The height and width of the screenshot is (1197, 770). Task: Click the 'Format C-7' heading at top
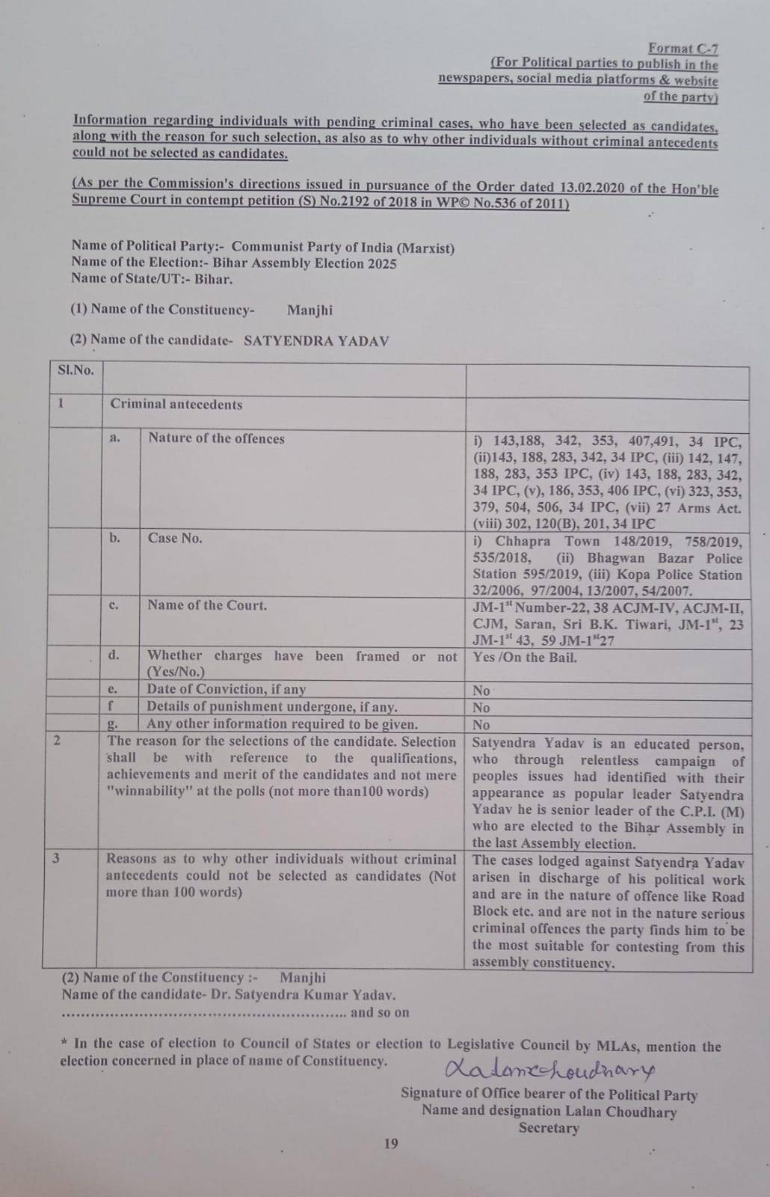pyautogui.click(x=683, y=49)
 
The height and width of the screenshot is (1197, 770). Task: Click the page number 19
pyautogui.click(x=390, y=1143)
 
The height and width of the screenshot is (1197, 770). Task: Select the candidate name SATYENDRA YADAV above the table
pyautogui.click(x=316, y=340)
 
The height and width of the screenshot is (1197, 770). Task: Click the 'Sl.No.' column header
pyautogui.click(x=76, y=370)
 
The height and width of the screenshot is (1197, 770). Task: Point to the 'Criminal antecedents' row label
pyautogui.click(x=176, y=405)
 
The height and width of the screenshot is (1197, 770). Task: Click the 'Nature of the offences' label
pyautogui.click(x=216, y=438)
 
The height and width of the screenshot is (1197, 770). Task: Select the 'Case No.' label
pyautogui.click(x=175, y=538)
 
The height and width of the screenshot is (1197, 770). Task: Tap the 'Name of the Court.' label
pyautogui.click(x=207, y=605)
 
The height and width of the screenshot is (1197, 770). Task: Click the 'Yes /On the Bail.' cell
pyautogui.click(x=525, y=658)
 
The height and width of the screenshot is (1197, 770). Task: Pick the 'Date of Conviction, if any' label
pyautogui.click(x=227, y=689)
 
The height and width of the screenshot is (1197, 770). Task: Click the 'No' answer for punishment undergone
pyautogui.click(x=481, y=708)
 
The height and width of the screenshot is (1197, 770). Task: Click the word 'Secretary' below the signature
pyautogui.click(x=549, y=1128)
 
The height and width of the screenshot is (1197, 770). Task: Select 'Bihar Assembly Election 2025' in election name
pyautogui.click(x=304, y=263)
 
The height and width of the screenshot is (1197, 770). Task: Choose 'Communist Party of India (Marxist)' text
pyautogui.click(x=342, y=248)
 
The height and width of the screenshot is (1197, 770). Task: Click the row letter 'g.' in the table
pyautogui.click(x=114, y=723)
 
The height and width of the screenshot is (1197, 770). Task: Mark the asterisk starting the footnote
pyautogui.click(x=65, y=1043)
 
